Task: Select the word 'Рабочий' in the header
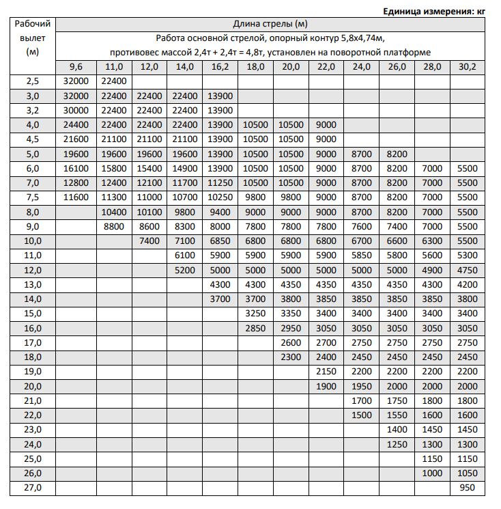33,24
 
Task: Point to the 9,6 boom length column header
76,67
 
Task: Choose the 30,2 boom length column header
468,67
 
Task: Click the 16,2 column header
220,67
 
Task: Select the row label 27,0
33,488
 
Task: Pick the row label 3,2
33,110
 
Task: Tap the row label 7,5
33,197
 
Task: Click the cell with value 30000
76,110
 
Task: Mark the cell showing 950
468,488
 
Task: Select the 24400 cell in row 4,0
76,125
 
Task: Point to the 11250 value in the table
220,182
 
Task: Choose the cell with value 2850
255,328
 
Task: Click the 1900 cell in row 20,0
326,386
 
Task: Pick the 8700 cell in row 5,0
361,154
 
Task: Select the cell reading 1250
397,444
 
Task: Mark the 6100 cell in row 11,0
184,255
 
